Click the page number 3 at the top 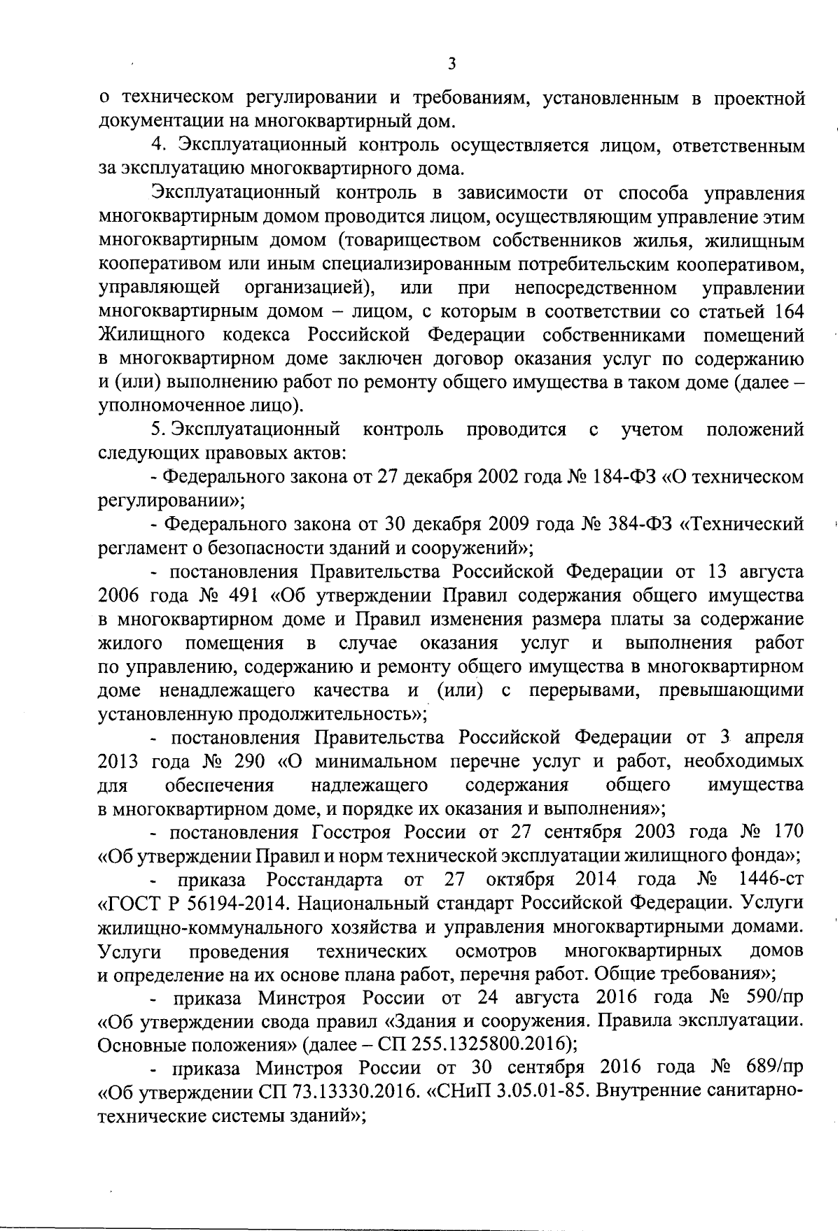pyautogui.click(x=451, y=64)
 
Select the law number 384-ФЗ pyautogui.click(x=638, y=525)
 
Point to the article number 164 pyautogui.click(x=789, y=311)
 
